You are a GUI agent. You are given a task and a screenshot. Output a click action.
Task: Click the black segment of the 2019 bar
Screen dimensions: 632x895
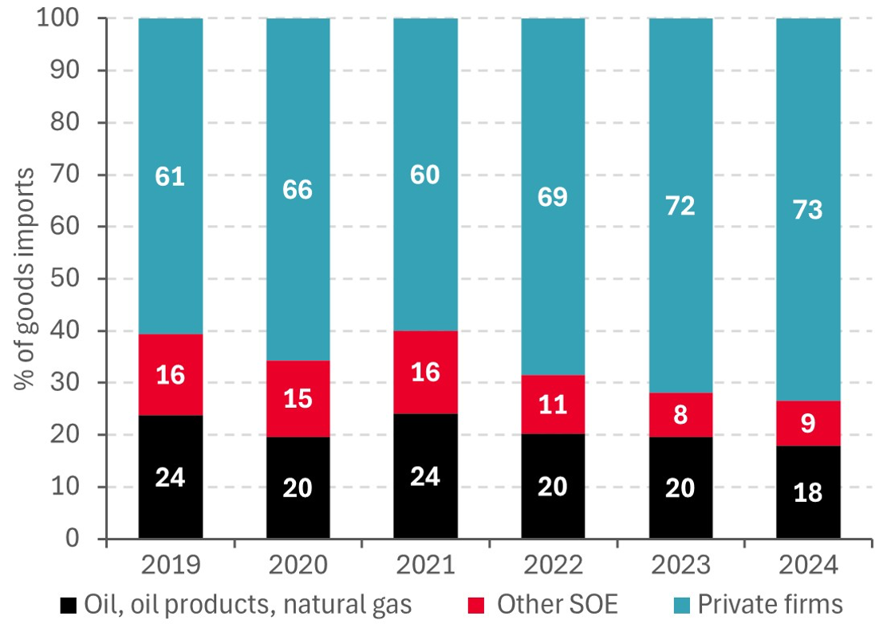coord(170,477)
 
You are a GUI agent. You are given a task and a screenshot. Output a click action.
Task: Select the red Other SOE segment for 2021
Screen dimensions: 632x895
coord(425,372)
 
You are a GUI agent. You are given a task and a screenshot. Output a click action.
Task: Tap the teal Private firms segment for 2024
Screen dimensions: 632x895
coord(808,209)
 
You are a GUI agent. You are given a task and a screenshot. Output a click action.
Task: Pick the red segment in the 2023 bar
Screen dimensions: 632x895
coord(680,415)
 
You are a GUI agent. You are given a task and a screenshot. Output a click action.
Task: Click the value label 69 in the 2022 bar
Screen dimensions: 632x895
coord(553,196)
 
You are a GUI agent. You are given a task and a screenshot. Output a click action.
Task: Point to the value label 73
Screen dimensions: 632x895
coord(808,210)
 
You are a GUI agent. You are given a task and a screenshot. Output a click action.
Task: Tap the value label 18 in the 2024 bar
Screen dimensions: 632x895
coord(808,492)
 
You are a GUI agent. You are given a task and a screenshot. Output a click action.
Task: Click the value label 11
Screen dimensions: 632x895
coord(553,405)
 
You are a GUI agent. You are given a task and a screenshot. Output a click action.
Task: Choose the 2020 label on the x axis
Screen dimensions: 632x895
coord(298,565)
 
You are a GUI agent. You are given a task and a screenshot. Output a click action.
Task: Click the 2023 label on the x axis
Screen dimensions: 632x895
coord(680,565)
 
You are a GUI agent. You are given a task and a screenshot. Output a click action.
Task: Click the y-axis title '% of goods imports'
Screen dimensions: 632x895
coord(24,279)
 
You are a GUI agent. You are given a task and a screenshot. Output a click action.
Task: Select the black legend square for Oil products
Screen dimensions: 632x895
coord(69,605)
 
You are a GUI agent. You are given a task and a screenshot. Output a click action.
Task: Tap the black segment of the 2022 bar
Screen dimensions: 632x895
coord(553,486)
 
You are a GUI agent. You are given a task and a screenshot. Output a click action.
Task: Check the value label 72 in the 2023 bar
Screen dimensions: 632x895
coord(680,205)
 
